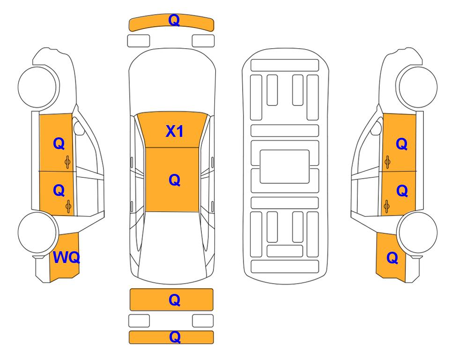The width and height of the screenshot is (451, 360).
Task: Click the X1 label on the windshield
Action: coord(175,131)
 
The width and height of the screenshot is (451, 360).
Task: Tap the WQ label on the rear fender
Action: coord(66,257)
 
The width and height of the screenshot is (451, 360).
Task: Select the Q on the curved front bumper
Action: coord(174,20)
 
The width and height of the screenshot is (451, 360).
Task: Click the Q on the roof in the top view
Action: coord(174,180)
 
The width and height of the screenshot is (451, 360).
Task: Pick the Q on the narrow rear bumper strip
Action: coord(175,337)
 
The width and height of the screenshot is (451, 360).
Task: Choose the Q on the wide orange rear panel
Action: coord(174,300)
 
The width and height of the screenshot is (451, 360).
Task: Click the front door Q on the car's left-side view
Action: coord(59,143)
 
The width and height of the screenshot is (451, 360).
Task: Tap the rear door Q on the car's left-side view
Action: coord(59,190)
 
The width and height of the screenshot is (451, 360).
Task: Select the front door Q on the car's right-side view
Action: coord(401,143)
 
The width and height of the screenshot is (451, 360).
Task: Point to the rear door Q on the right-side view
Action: coord(402,190)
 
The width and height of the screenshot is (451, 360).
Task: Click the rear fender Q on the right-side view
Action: coord(392,257)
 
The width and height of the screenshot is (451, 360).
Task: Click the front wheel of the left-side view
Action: coord(37,87)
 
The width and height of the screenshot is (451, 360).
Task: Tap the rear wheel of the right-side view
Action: coord(417,232)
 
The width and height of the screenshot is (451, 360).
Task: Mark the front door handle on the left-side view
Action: coord(67,162)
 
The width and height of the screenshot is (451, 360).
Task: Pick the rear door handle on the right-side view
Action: coord(387,207)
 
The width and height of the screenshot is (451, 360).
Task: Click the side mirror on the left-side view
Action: coord(78,128)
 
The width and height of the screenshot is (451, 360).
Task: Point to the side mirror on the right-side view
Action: coord(376,128)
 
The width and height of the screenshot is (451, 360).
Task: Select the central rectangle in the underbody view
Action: coord(284,166)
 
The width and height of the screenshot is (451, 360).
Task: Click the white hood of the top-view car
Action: coord(172,82)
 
